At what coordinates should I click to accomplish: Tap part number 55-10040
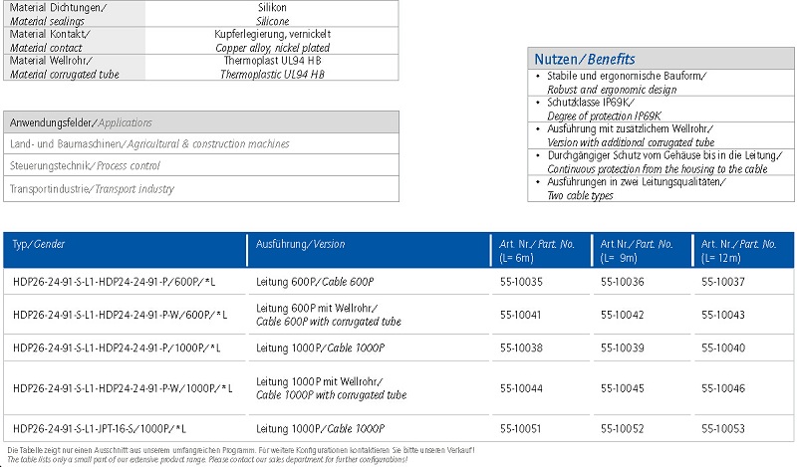[722, 348]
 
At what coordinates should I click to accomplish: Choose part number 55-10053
[722, 428]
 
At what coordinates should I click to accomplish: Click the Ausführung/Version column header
[301, 244]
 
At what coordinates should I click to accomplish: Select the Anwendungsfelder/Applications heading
[81, 122]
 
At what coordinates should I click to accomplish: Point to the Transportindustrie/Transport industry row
[92, 188]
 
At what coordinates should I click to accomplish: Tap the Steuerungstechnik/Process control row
[85, 165]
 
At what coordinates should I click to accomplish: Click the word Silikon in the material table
[272, 7]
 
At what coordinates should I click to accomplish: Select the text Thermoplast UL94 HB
[273, 61]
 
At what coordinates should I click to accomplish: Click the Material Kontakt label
[50, 34]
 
